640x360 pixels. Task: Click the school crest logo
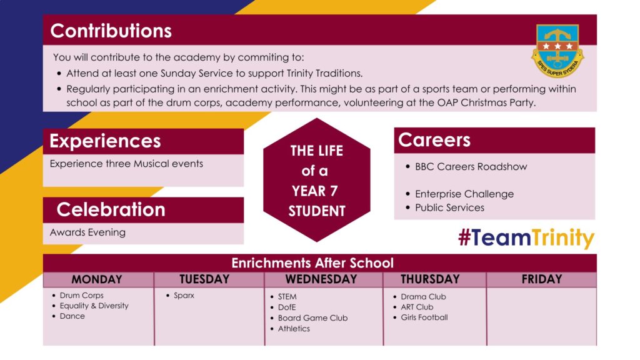coord(557,51)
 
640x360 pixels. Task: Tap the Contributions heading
coord(111,31)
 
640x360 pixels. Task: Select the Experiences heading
coord(105,141)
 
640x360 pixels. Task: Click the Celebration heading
coord(111,210)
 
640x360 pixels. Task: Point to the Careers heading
coord(434,140)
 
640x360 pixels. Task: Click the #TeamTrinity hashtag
coord(526,237)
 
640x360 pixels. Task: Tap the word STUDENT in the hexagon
coord(317,211)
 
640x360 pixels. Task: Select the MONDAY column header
coord(97,279)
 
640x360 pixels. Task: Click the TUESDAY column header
coord(204,279)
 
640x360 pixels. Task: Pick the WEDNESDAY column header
coord(321,279)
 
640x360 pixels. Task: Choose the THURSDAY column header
coord(430,279)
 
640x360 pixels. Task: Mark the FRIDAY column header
coord(542,279)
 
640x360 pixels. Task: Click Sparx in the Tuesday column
coord(184,296)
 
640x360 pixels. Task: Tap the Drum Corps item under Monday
coord(82,296)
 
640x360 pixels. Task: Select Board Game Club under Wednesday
coord(312,318)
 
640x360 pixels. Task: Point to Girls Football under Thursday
coord(424,317)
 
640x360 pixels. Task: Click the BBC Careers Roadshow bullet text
coord(471,166)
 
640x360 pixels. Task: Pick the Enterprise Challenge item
coord(464,194)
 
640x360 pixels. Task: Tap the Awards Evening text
coord(87,232)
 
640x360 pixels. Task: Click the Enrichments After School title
coord(312,263)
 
